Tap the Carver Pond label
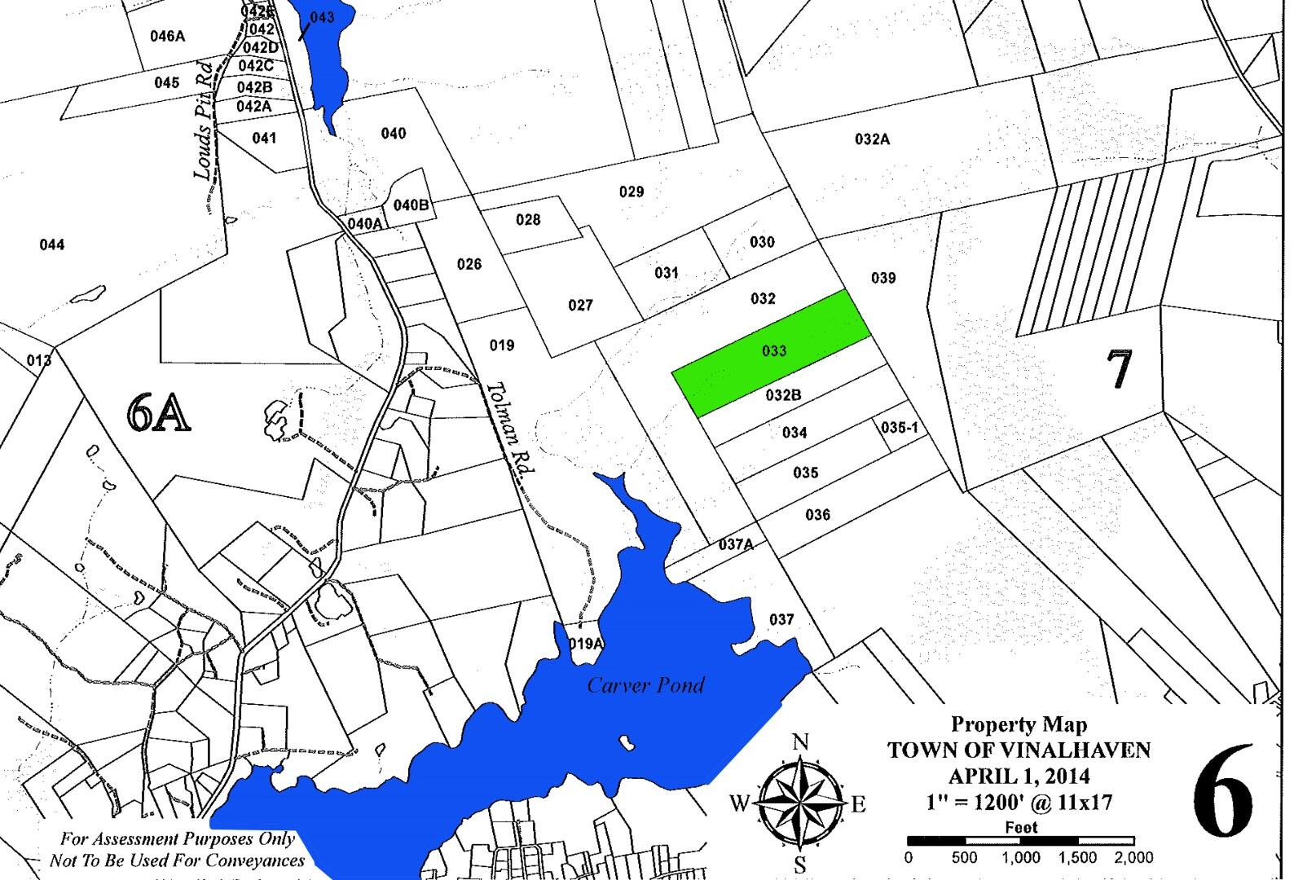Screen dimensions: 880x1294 point(645,684)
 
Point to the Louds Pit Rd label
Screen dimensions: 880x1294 point(204,120)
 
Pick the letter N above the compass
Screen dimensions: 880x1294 point(800,741)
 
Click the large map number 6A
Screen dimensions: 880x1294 point(158,413)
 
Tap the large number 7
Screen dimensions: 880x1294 point(1120,367)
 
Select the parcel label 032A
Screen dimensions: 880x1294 point(872,139)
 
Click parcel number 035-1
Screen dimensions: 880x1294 point(900,427)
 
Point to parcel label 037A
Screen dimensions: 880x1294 point(736,544)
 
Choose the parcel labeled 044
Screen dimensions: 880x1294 point(52,244)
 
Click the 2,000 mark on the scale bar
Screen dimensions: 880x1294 point(1133,857)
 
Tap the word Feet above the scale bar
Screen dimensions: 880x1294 point(1020,827)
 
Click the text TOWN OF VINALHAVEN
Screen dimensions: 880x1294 point(1019,750)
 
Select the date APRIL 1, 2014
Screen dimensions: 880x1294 point(1019,777)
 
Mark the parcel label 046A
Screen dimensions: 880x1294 point(168,36)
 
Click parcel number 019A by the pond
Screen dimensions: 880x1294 point(586,644)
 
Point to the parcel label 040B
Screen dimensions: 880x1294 point(411,205)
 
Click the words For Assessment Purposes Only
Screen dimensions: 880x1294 point(177,838)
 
